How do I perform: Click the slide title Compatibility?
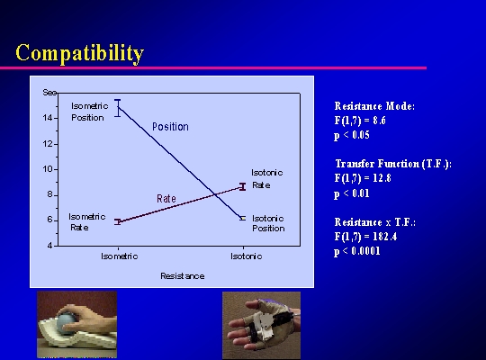click(x=80, y=53)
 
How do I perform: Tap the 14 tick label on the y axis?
click(x=49, y=118)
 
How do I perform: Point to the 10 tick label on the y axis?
click(x=49, y=169)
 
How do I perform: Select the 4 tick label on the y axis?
click(x=50, y=246)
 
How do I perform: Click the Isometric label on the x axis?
click(x=120, y=256)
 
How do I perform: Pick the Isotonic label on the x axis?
click(x=246, y=256)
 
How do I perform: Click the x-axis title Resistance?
click(x=182, y=276)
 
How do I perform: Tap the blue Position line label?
click(x=170, y=127)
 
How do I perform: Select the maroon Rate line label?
click(x=166, y=198)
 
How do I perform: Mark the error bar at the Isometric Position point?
click(x=118, y=108)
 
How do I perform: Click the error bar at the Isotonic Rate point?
click(x=243, y=186)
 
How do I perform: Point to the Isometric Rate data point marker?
click(x=118, y=221)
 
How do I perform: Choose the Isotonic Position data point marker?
click(x=243, y=218)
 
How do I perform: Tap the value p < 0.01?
click(x=352, y=193)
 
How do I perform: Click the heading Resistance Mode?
click(x=374, y=106)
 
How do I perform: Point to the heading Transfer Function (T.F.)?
click(x=393, y=164)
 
